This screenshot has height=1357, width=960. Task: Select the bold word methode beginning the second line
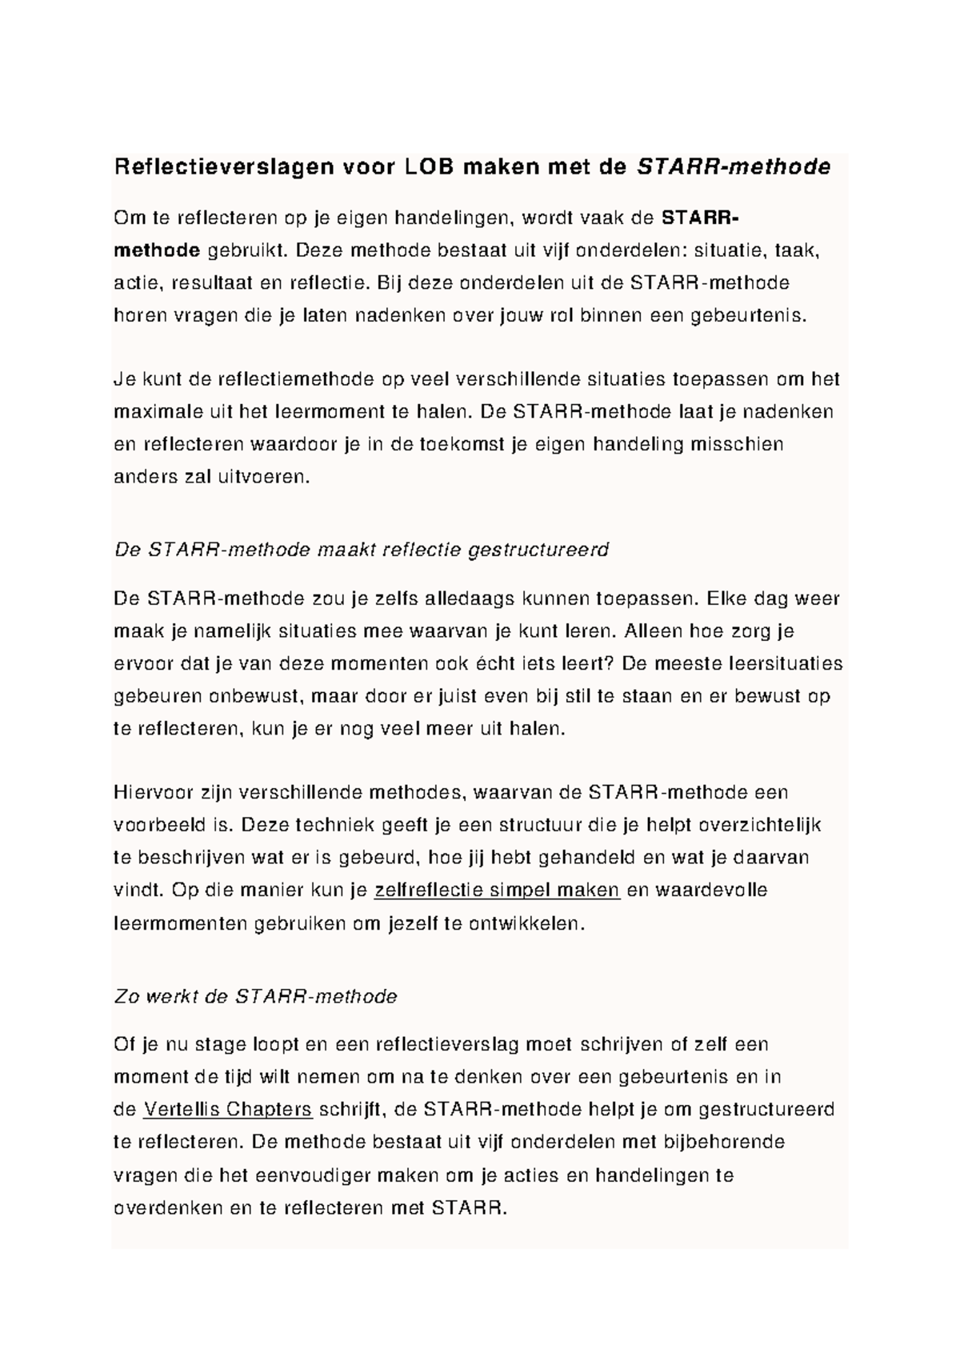(x=157, y=250)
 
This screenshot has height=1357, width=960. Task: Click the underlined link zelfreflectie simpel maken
(x=497, y=890)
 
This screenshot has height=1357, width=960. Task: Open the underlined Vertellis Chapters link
(x=227, y=1109)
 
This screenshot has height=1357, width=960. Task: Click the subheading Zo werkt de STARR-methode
(x=256, y=996)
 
